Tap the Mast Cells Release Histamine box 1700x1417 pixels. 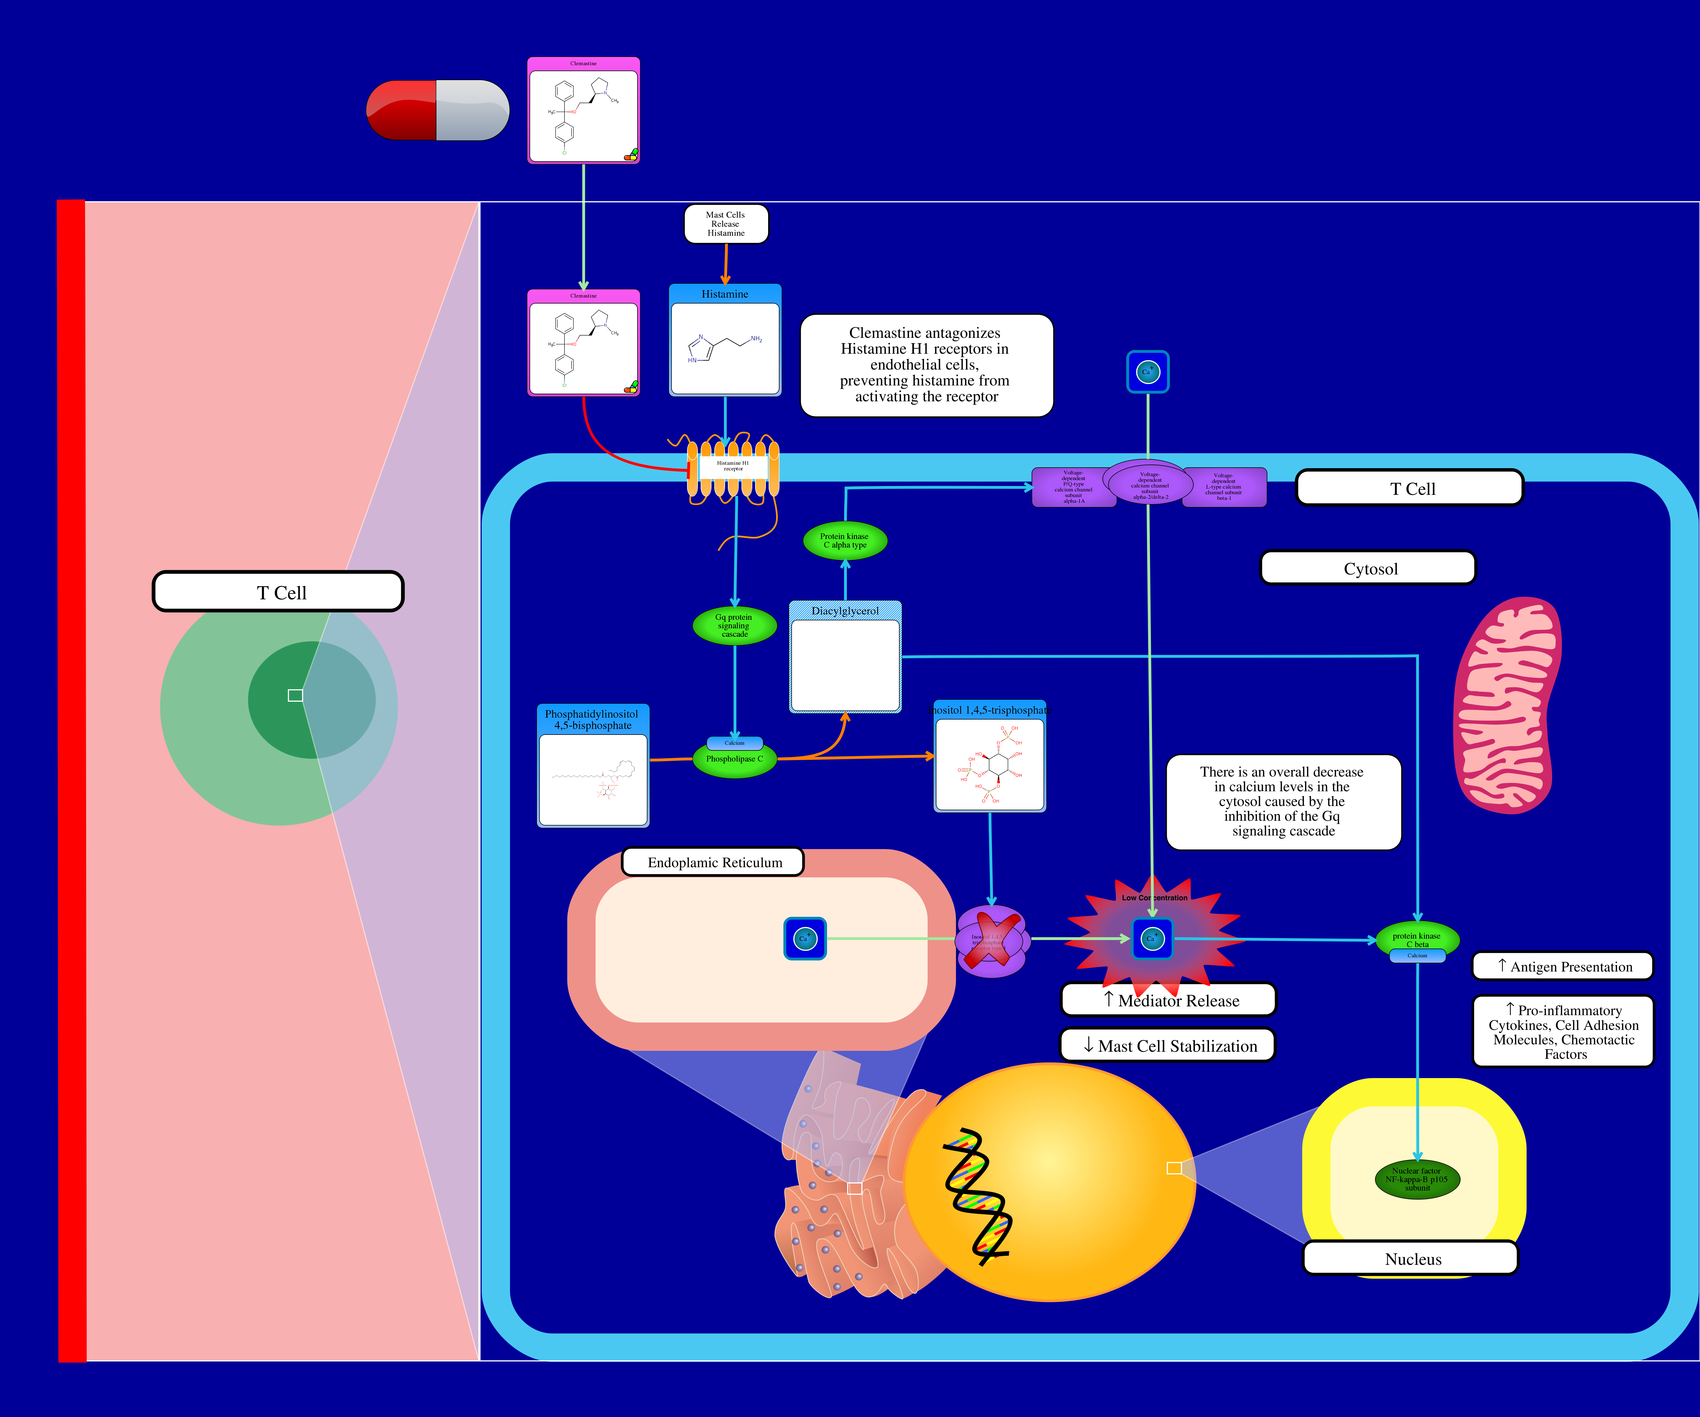[725, 224]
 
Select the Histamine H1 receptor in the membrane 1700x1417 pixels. [733, 467]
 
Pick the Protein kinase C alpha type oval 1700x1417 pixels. [844, 541]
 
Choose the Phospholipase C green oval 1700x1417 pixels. [734, 760]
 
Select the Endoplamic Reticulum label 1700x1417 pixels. [714, 862]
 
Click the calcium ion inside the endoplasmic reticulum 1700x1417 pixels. [805, 938]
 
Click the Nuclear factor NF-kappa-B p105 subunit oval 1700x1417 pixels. [1417, 1179]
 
